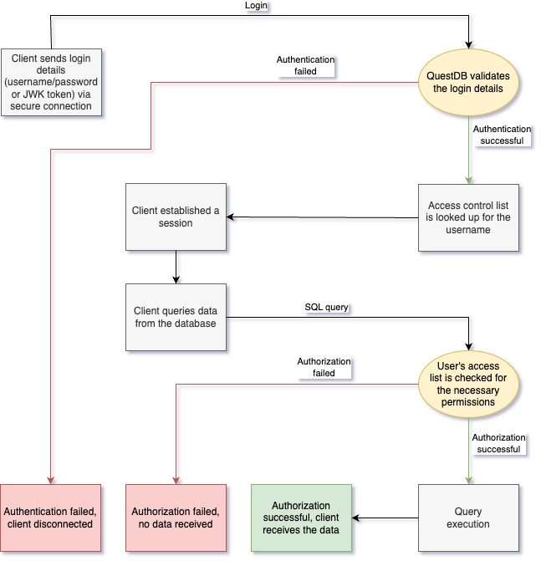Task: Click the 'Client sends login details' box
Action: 52,82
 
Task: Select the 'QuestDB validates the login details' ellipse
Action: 468,82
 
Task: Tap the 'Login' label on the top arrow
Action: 256,6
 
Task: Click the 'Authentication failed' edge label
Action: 305,66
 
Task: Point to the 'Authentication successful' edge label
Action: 502,135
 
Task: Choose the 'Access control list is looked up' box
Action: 468,217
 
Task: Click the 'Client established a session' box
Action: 176,217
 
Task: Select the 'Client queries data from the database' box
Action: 176,318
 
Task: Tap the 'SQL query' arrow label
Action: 326,307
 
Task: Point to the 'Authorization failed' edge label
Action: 324,367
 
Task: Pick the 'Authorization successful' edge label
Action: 498,443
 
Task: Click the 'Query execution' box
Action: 468,518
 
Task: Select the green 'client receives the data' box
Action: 301,518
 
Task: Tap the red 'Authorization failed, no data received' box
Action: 176,518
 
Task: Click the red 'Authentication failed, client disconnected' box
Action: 50,518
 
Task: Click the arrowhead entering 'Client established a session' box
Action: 232,217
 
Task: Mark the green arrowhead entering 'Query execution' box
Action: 468,480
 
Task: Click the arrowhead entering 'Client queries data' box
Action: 176,279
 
